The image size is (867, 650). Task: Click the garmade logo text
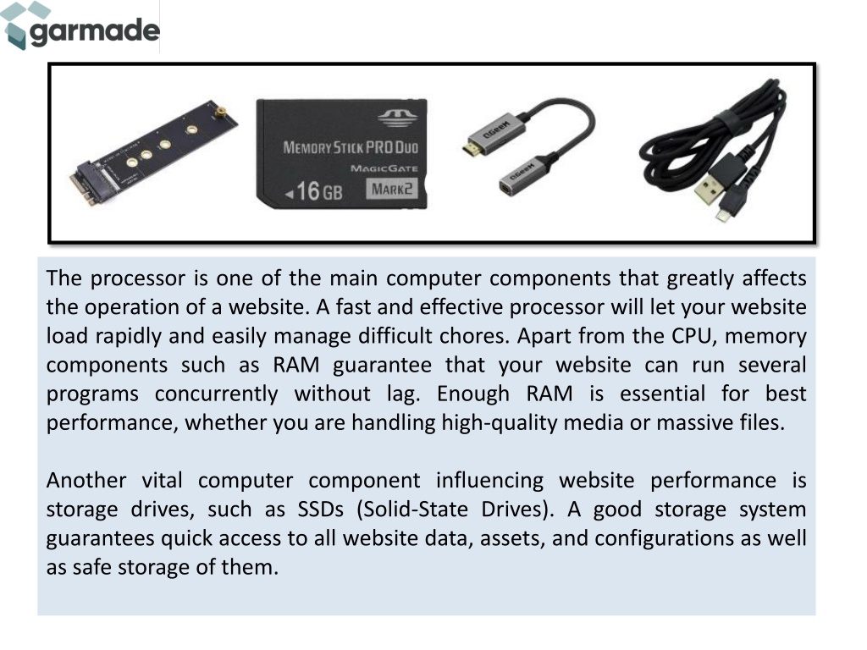tap(95, 31)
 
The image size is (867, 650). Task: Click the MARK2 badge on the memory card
tap(391, 189)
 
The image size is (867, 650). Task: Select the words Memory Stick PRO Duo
tap(351, 147)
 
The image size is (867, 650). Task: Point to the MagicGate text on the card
tap(384, 168)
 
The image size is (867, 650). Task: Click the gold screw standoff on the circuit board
tap(219, 113)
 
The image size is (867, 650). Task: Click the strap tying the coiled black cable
tap(727, 122)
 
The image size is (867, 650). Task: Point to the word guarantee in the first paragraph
tap(382, 366)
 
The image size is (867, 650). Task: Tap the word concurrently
tap(216, 394)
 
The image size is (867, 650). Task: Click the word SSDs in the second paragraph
tap(321, 509)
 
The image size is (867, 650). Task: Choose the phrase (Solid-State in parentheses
tap(412, 509)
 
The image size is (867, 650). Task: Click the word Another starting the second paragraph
tap(86, 481)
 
